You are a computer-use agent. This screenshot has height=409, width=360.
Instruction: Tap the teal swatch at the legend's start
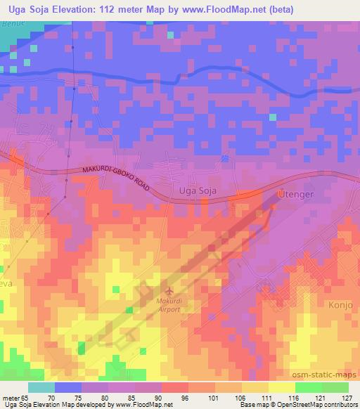tap(41, 387)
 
